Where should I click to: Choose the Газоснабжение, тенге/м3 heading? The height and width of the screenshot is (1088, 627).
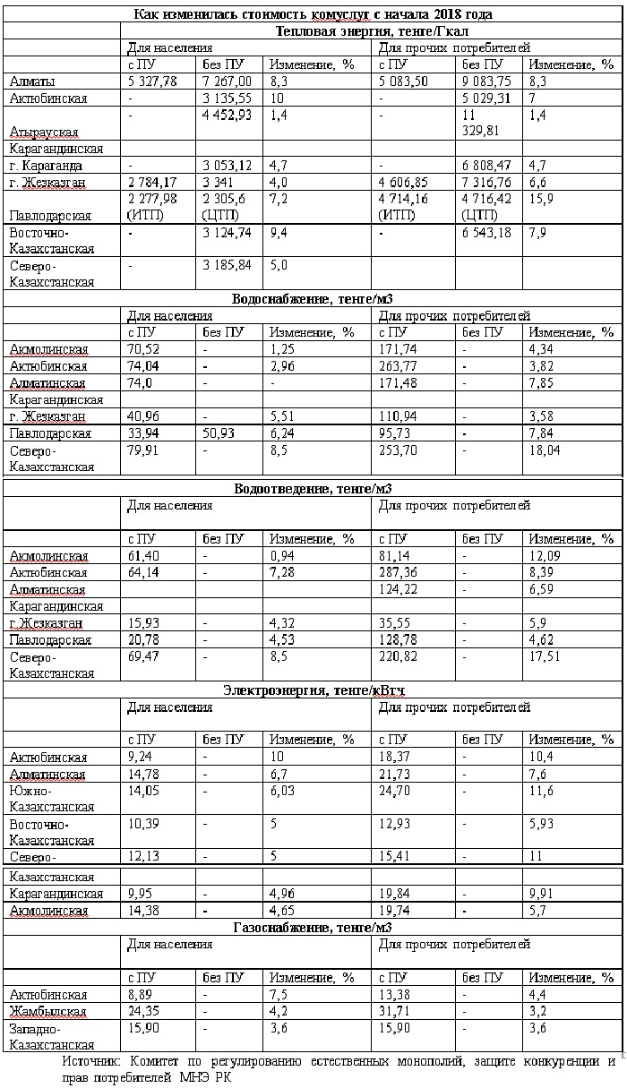click(313, 927)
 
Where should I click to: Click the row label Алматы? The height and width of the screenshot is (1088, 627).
click(31, 81)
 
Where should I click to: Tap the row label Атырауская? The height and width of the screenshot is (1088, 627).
click(43, 132)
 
